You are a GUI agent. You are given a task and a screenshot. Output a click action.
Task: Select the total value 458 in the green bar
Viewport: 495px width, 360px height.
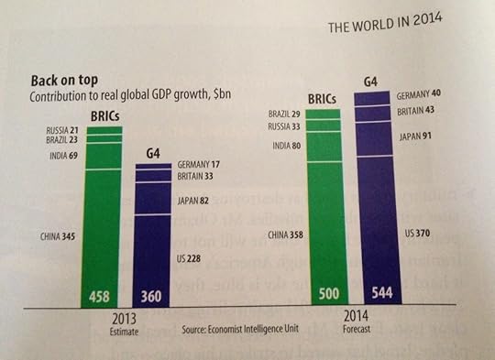[100, 298]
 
